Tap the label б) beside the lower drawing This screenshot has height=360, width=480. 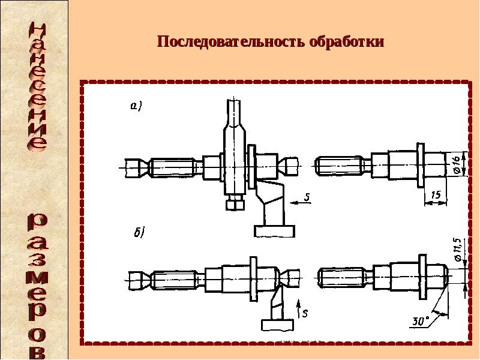point(138,233)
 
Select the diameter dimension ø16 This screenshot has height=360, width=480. point(456,164)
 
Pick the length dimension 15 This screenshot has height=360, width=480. point(436,195)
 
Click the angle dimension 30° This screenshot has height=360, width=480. point(421,321)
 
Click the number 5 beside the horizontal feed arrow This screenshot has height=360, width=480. point(306,196)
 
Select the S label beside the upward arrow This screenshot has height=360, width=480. point(304,313)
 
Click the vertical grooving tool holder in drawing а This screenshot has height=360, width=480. point(234,147)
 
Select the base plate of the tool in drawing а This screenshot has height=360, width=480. point(274,231)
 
